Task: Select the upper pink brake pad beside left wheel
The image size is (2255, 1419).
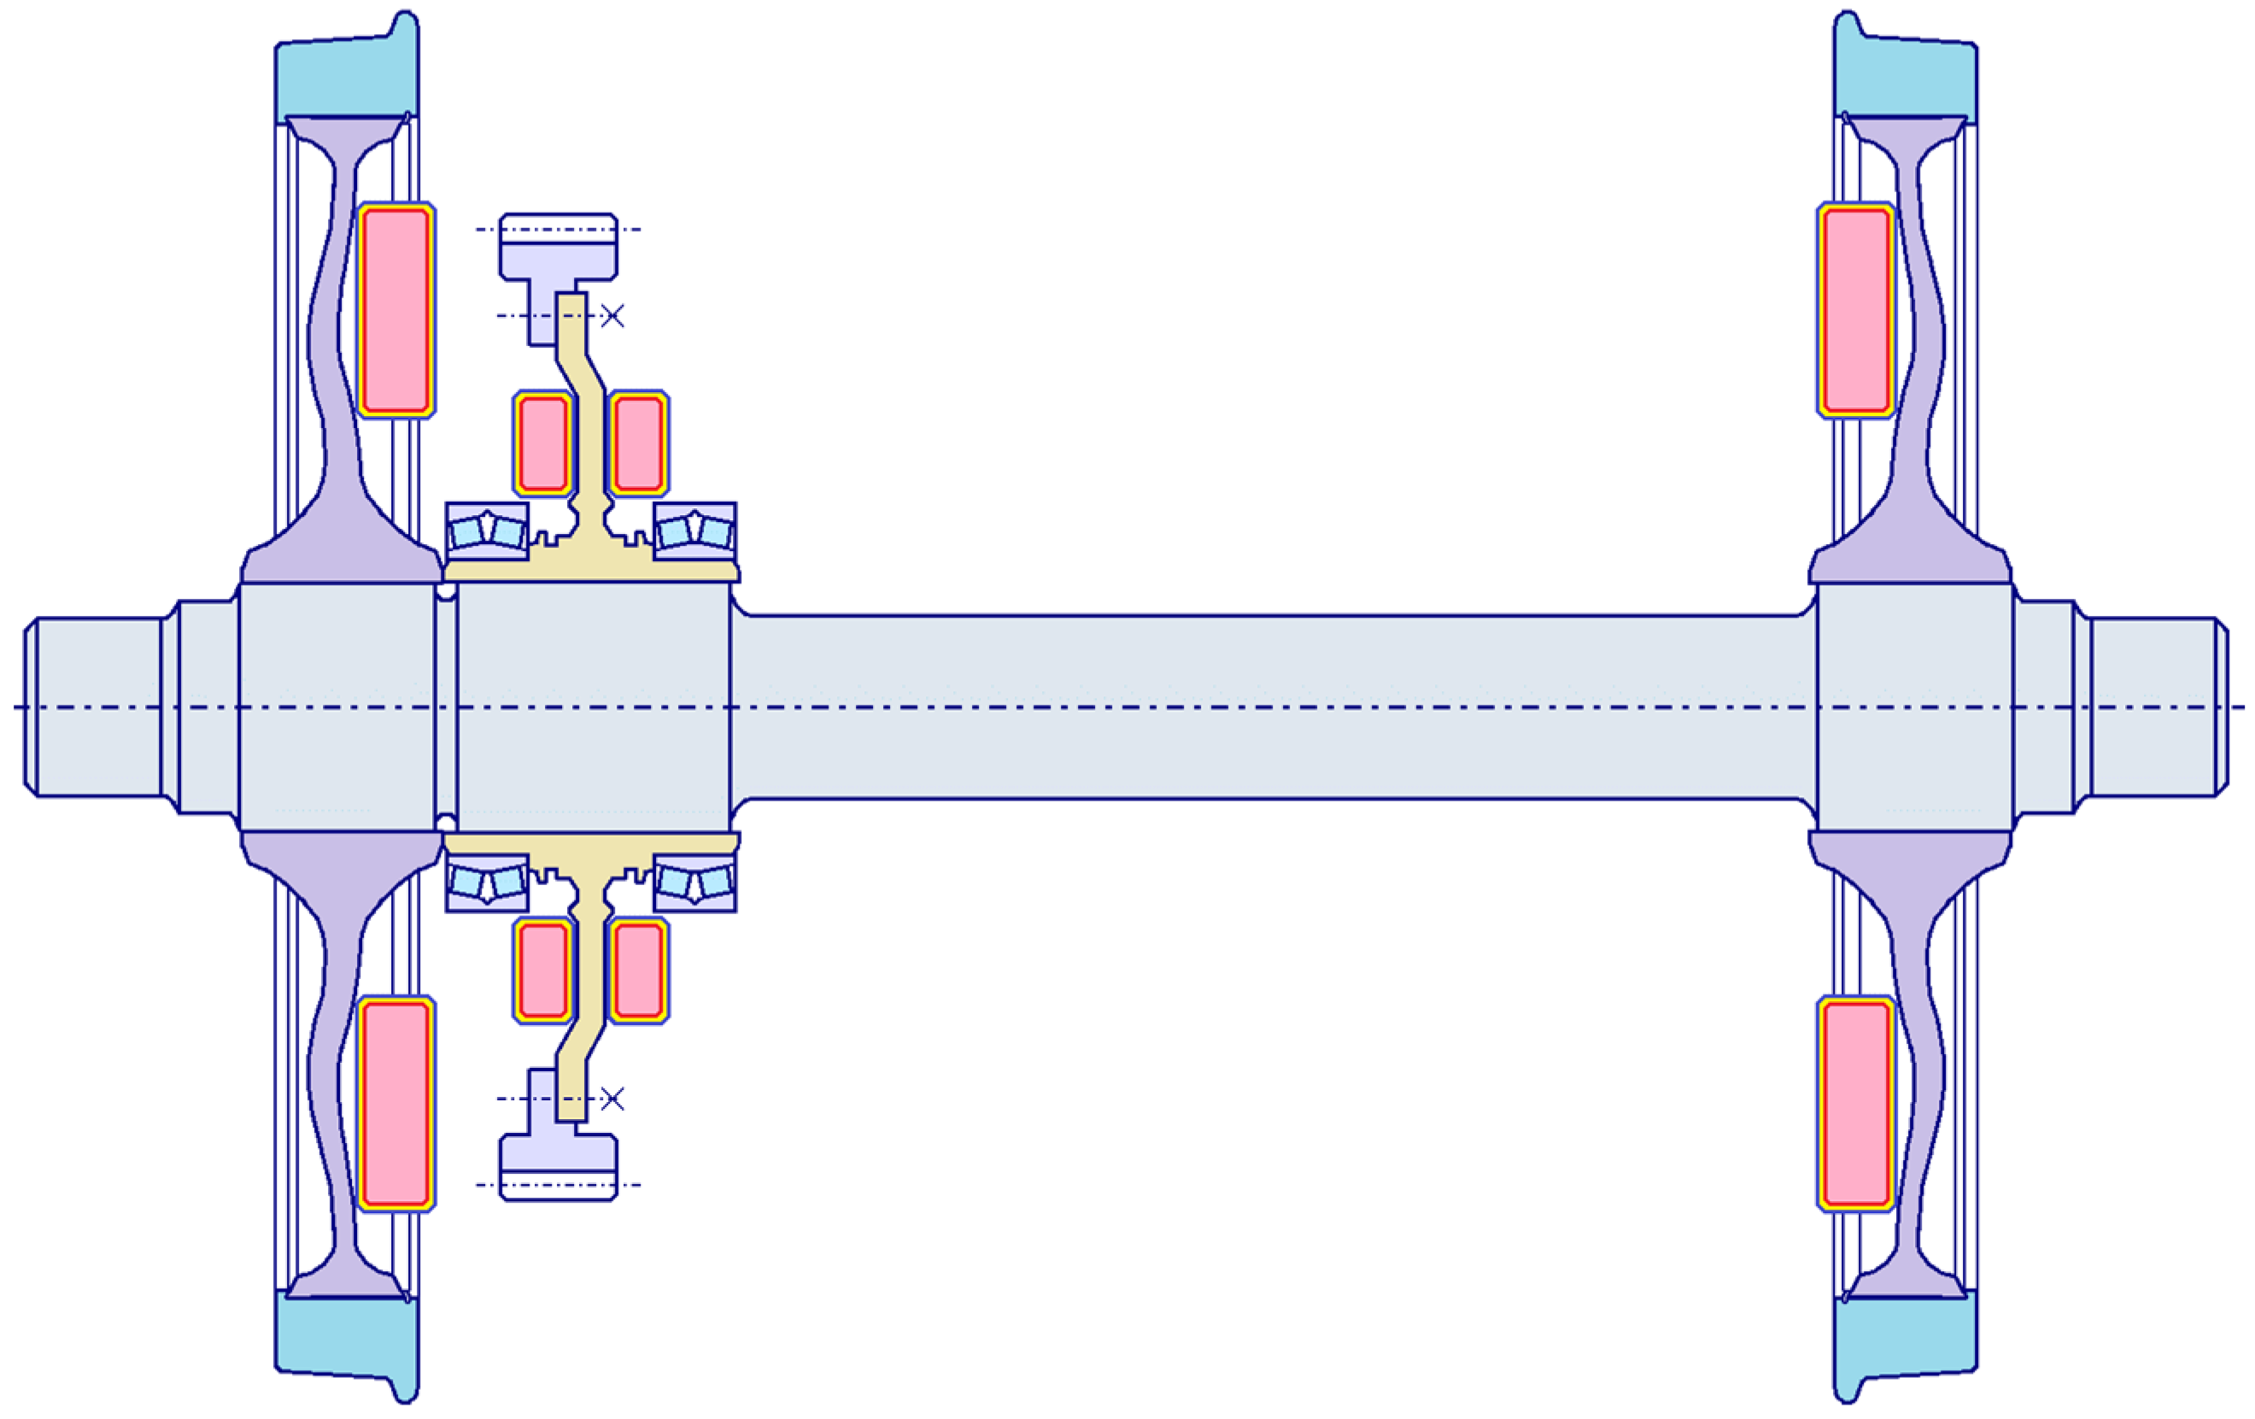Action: pos(396,310)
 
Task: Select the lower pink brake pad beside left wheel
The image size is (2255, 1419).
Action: pos(396,1104)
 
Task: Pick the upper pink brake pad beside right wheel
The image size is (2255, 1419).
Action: pos(1856,310)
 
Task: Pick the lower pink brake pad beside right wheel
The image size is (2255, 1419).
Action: pos(1856,1104)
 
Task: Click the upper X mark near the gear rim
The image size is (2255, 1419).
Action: pos(612,315)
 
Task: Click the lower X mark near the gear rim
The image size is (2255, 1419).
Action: pos(612,1099)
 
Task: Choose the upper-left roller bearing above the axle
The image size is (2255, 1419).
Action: pos(487,531)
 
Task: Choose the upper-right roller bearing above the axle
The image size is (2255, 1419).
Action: pos(694,531)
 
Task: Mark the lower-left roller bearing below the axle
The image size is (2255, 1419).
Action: pos(487,882)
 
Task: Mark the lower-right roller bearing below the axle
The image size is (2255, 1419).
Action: pos(694,882)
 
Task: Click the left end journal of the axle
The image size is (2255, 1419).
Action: pos(94,707)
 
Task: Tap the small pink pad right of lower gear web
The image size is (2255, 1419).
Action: pos(639,970)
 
